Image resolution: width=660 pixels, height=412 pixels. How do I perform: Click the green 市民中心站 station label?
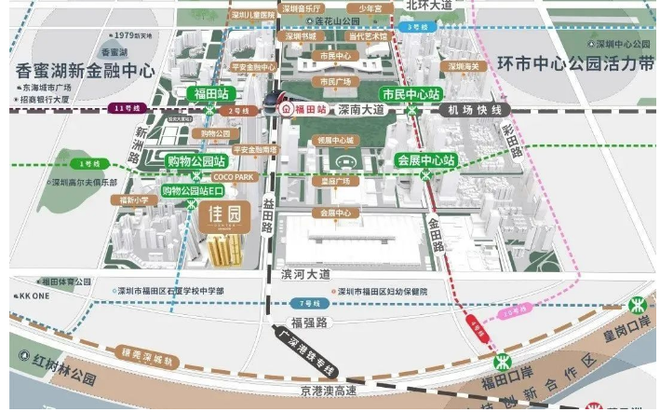coord(411,94)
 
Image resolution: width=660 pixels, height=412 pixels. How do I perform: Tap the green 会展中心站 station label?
coord(426,159)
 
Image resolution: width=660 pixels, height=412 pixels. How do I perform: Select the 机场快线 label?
coord(481,109)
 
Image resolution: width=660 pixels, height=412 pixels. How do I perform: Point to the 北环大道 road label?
coord(429,6)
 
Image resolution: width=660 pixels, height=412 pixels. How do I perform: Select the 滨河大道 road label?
coord(304,275)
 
